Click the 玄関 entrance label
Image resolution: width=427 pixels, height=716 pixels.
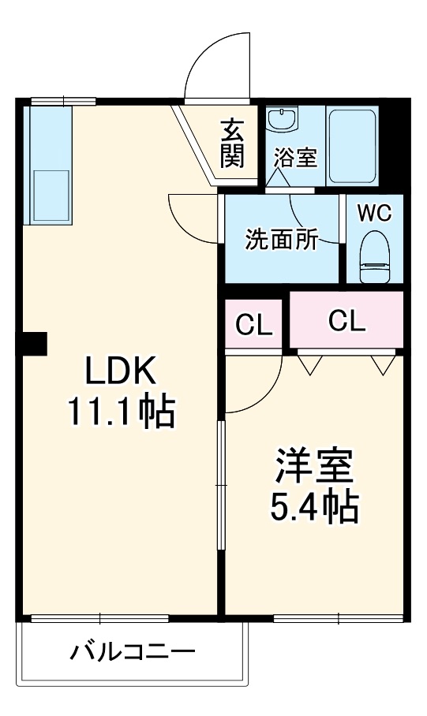coord(232,144)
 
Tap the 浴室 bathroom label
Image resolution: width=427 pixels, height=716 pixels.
coord(296,157)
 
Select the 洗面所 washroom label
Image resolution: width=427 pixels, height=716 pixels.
coord(281,240)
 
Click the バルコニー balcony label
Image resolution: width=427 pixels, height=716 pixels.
coord(132,653)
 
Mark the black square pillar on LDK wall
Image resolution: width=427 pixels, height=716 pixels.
coord(34,344)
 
